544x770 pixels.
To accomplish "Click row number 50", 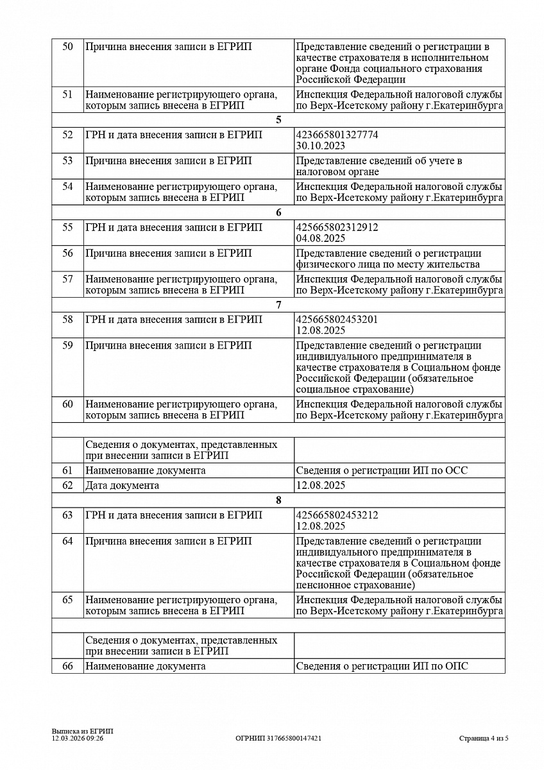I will (x=67, y=46).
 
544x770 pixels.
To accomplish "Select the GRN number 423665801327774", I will (x=337, y=135).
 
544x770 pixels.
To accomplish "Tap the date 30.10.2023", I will (x=320, y=146).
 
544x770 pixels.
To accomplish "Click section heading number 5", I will (x=278, y=120).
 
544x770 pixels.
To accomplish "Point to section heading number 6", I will (x=278, y=212).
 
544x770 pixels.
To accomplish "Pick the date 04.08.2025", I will (x=320, y=238).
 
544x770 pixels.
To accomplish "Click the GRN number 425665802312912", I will (x=337, y=227).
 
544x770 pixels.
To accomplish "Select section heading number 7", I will (x=278, y=305).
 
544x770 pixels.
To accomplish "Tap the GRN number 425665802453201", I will (x=337, y=320).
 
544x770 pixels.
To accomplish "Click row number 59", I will (x=67, y=345).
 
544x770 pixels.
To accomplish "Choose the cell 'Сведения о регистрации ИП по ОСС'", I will (x=382, y=470).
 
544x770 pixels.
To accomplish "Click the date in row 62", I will (x=320, y=485).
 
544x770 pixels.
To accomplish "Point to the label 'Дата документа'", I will (x=122, y=485).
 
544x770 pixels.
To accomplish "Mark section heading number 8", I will (x=278, y=501).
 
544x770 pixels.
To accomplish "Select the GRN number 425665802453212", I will (x=337, y=515).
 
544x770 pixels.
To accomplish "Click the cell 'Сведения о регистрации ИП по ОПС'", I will (x=382, y=666).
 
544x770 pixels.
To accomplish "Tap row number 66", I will (x=67, y=666).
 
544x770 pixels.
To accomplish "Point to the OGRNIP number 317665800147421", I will (x=278, y=739).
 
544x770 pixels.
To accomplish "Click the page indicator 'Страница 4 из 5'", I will (x=484, y=739).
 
